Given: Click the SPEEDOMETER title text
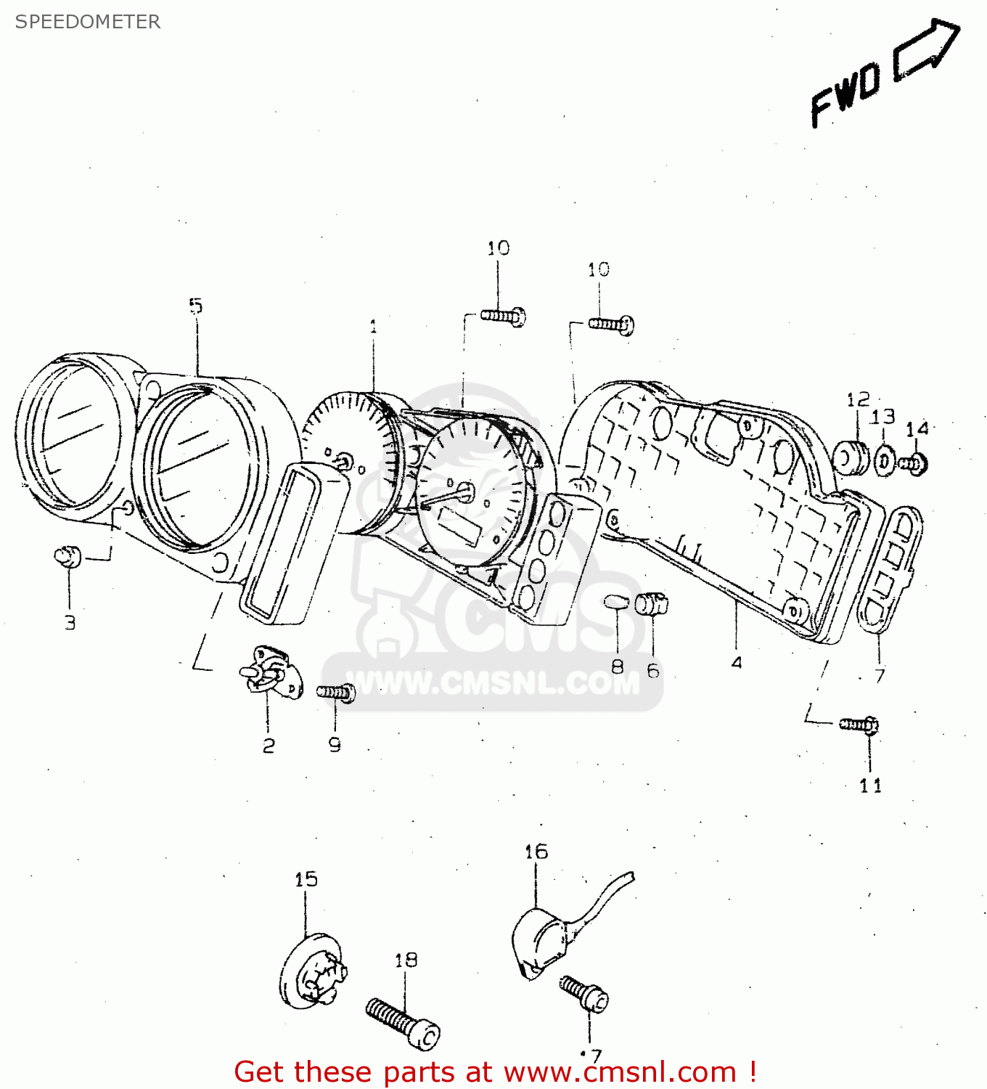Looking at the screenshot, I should (87, 22).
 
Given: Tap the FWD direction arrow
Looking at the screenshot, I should (925, 49).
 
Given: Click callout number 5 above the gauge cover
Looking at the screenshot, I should (196, 306).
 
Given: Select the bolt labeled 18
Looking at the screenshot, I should (403, 1022).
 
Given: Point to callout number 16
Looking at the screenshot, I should (536, 852).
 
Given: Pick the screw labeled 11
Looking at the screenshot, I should (860, 724).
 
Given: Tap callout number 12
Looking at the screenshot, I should (858, 400).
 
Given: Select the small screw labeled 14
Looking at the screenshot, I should (912, 463).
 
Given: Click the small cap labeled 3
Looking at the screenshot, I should (67, 557).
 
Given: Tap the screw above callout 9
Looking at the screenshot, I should (336, 693).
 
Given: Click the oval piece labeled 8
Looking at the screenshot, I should (615, 601).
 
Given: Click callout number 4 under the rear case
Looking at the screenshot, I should (737, 662).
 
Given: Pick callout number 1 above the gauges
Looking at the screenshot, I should (373, 327).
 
